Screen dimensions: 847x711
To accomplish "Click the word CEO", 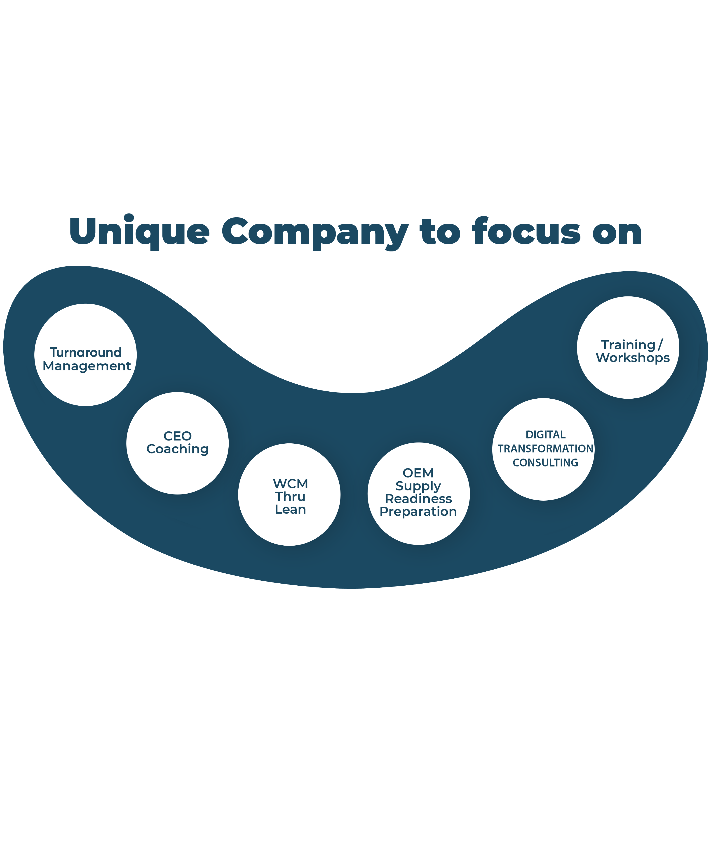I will click(177, 436).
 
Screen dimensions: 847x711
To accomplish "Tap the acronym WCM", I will click(290, 484).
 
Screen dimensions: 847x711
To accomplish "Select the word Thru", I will click(290, 497).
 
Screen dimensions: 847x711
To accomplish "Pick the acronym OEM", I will click(418, 473).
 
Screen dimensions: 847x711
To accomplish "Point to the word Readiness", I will click(418, 499).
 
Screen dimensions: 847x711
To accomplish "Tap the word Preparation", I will click(418, 512).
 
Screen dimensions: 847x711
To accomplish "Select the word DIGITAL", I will click(545, 435).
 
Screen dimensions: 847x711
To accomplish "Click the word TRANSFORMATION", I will click(545, 449).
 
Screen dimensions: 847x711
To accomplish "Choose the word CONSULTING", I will click(545, 463).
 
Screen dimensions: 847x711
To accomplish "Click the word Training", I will click(628, 345).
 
